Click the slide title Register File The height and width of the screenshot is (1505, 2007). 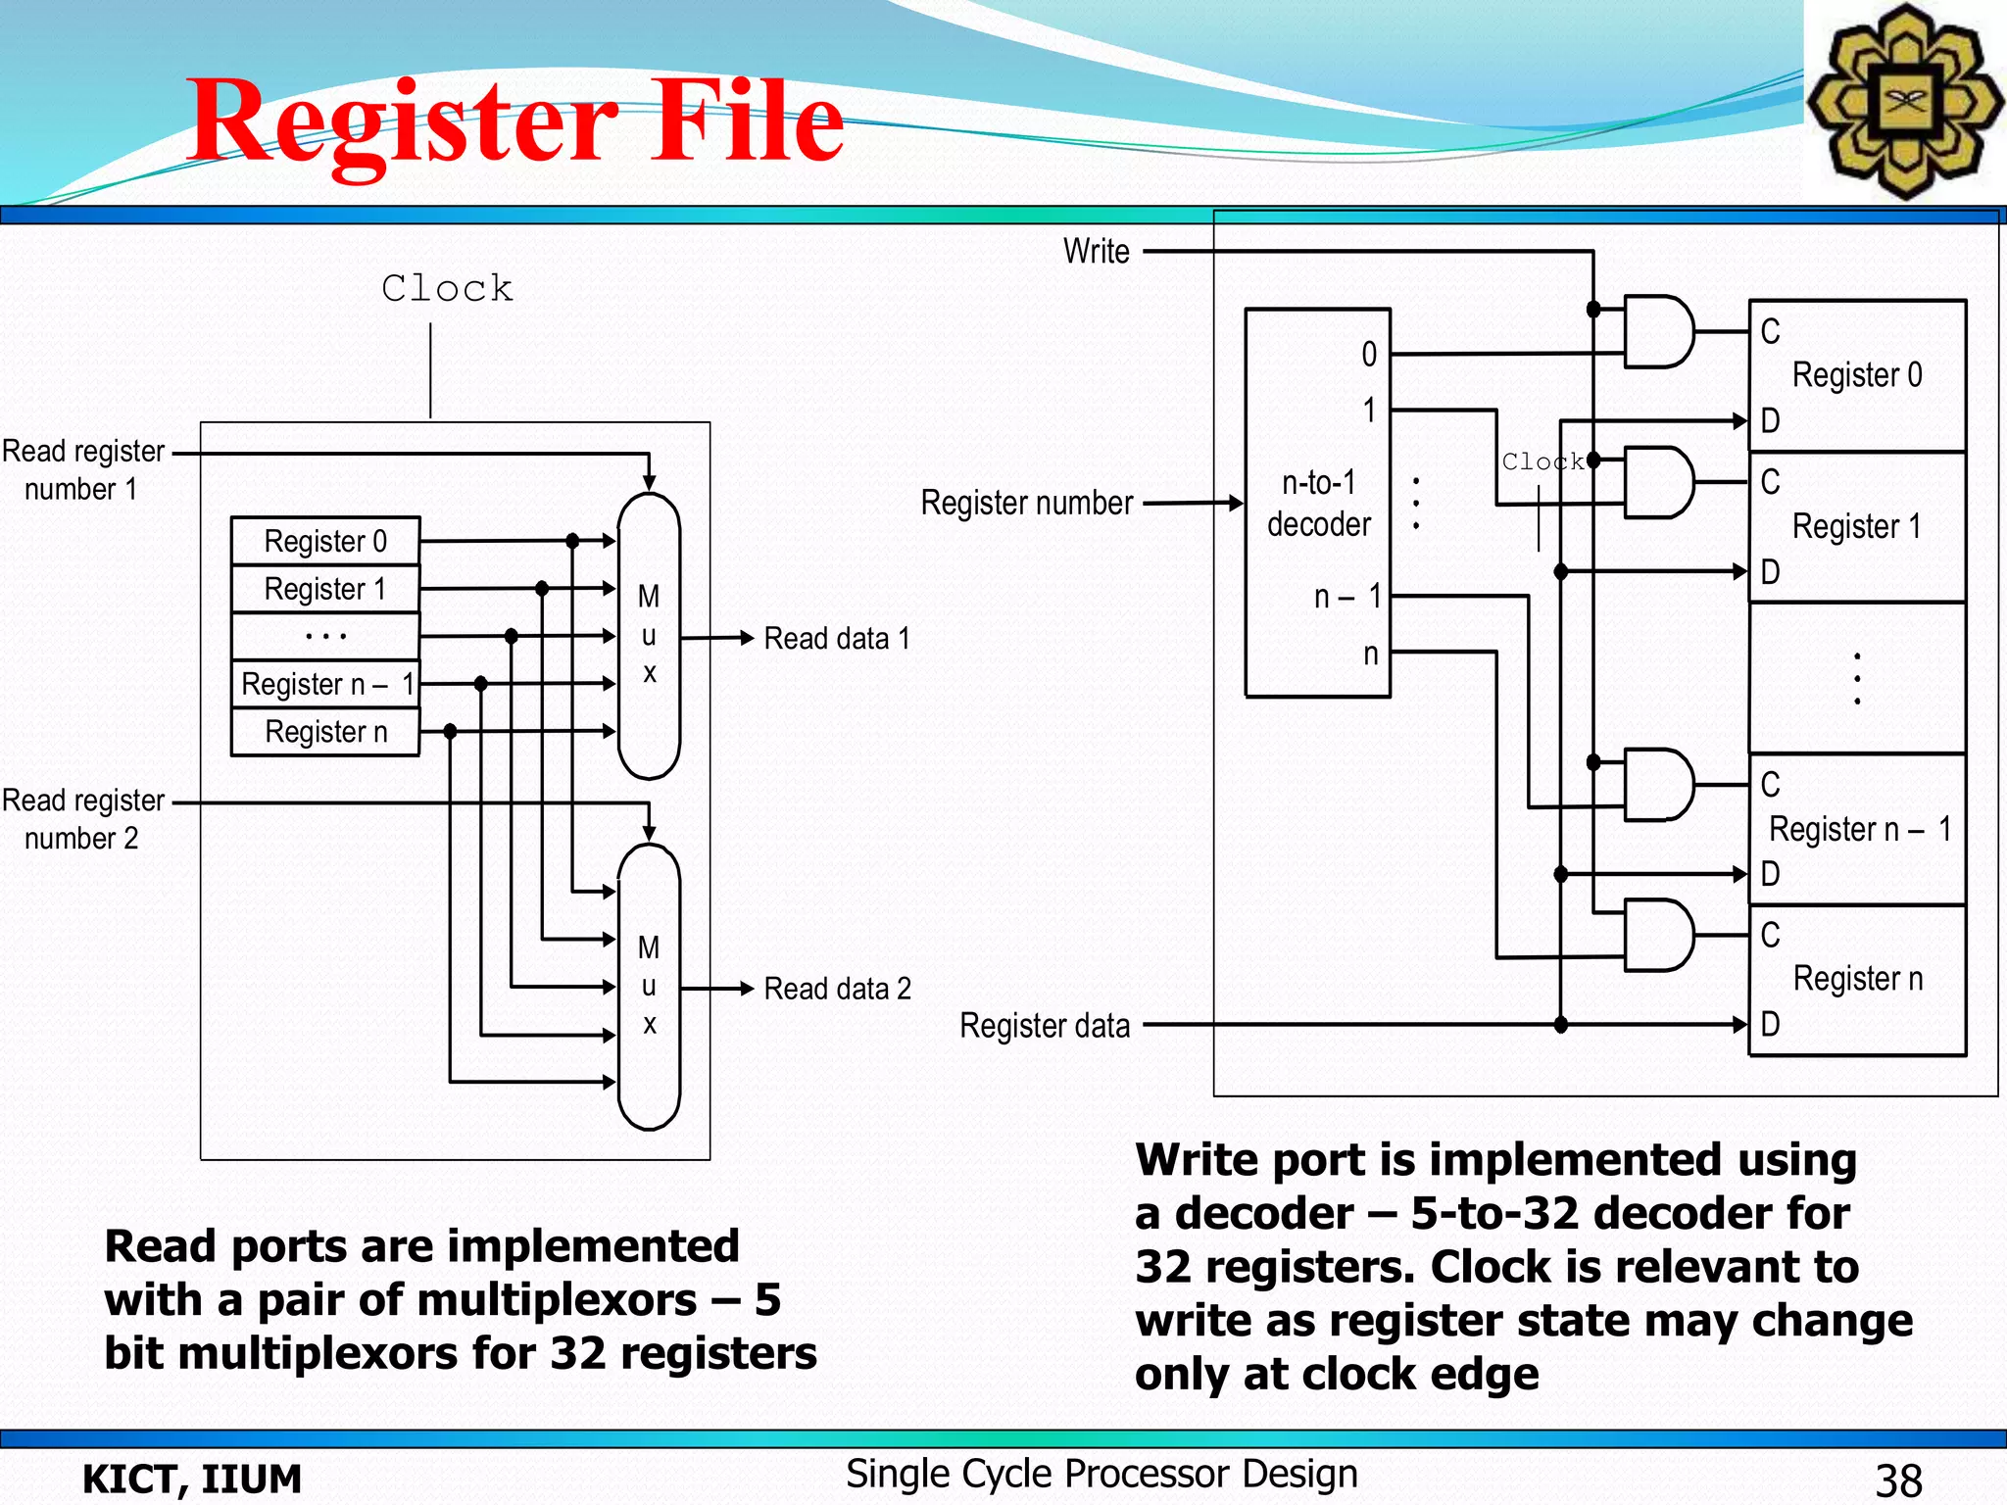point(516,122)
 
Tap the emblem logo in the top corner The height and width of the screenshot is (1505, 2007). point(1904,101)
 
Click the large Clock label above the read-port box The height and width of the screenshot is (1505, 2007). point(447,288)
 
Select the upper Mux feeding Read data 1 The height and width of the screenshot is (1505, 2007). point(649,635)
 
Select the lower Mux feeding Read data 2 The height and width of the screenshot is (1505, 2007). point(649,986)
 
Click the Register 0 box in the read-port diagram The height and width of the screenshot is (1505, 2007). point(325,541)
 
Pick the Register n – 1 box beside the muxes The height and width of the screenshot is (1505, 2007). point(325,684)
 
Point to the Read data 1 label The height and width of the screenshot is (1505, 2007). point(837,639)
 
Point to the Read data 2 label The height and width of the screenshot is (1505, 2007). point(837,989)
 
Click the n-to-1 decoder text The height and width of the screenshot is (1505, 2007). point(1318,504)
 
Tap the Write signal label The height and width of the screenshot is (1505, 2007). point(1097,252)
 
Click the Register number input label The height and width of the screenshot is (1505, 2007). point(1026,504)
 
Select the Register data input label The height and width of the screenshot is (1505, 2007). point(1044,1026)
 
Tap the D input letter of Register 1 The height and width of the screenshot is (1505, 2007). point(1770,572)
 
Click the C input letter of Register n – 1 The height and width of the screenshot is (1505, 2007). point(1770,785)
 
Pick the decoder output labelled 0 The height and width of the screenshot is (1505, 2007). point(1369,355)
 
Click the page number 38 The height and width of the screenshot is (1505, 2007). point(1898,1480)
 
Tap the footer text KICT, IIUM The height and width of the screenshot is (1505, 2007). point(192,1480)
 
